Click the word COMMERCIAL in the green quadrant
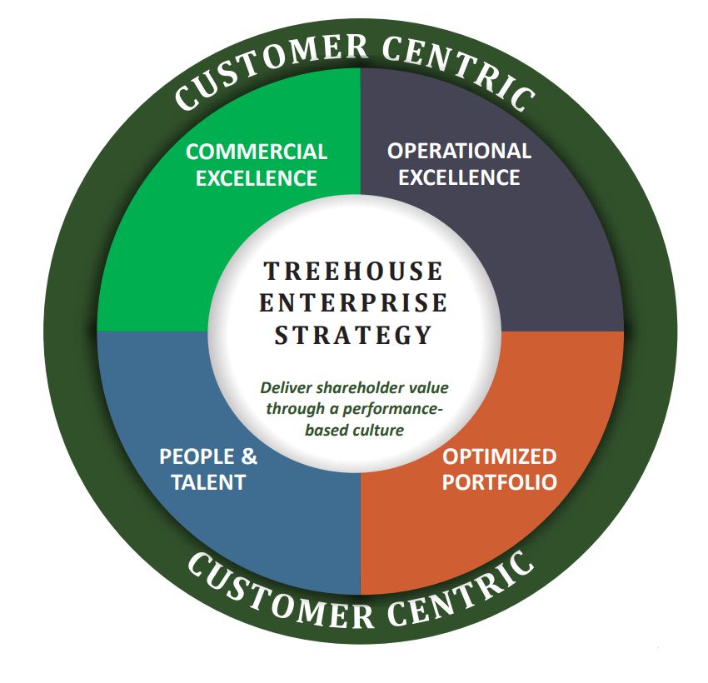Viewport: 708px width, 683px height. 257,152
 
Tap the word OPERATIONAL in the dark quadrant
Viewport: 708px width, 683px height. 459,152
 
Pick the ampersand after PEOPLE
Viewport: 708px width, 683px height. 249,457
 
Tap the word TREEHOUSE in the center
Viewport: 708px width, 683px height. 354,272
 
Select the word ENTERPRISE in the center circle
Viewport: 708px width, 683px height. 354,303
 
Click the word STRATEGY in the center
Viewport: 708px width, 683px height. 354,335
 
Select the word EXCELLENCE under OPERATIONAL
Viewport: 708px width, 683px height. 459,177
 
